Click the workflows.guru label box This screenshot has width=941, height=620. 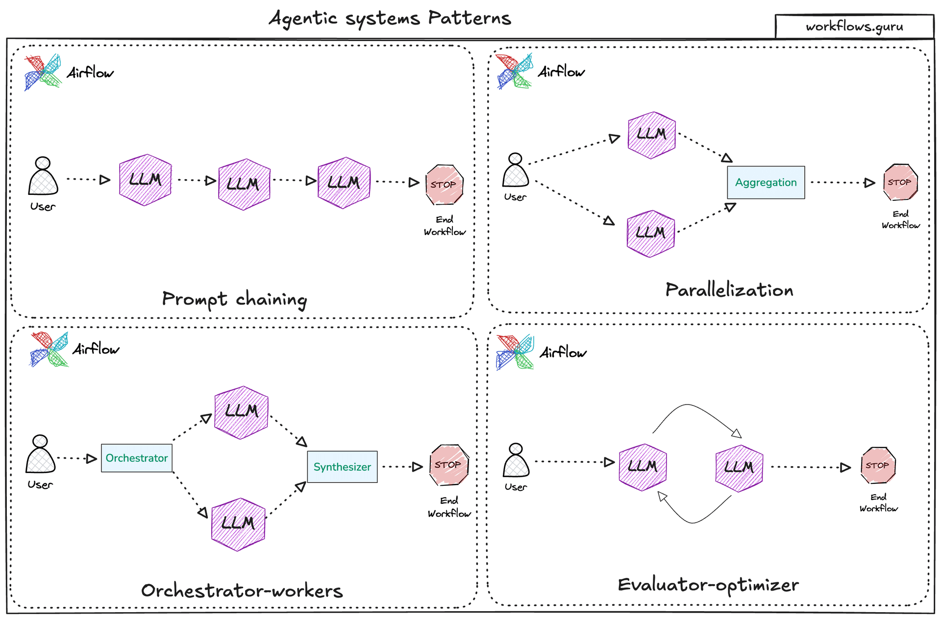(854, 26)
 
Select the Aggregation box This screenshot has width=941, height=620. (766, 182)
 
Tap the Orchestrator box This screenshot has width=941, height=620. (136, 458)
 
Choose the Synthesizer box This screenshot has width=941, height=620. (342, 467)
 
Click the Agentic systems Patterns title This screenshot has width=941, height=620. (390, 19)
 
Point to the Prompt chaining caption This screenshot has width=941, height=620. (234, 299)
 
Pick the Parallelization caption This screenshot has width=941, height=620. (729, 290)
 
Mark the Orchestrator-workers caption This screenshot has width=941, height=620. (242, 591)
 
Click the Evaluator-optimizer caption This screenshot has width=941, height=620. (708, 585)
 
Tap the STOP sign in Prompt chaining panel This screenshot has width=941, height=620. (444, 185)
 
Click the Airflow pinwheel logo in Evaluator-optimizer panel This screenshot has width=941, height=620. (515, 352)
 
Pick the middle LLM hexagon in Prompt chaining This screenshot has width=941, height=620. (244, 184)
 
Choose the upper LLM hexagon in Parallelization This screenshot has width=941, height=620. (651, 135)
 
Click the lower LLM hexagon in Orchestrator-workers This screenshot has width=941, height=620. (238, 524)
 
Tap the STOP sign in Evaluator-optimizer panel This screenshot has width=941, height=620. (878, 465)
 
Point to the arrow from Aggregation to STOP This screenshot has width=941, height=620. (842, 183)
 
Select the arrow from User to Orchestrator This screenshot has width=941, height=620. (76, 458)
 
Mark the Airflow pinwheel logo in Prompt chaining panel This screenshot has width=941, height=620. (43, 72)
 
